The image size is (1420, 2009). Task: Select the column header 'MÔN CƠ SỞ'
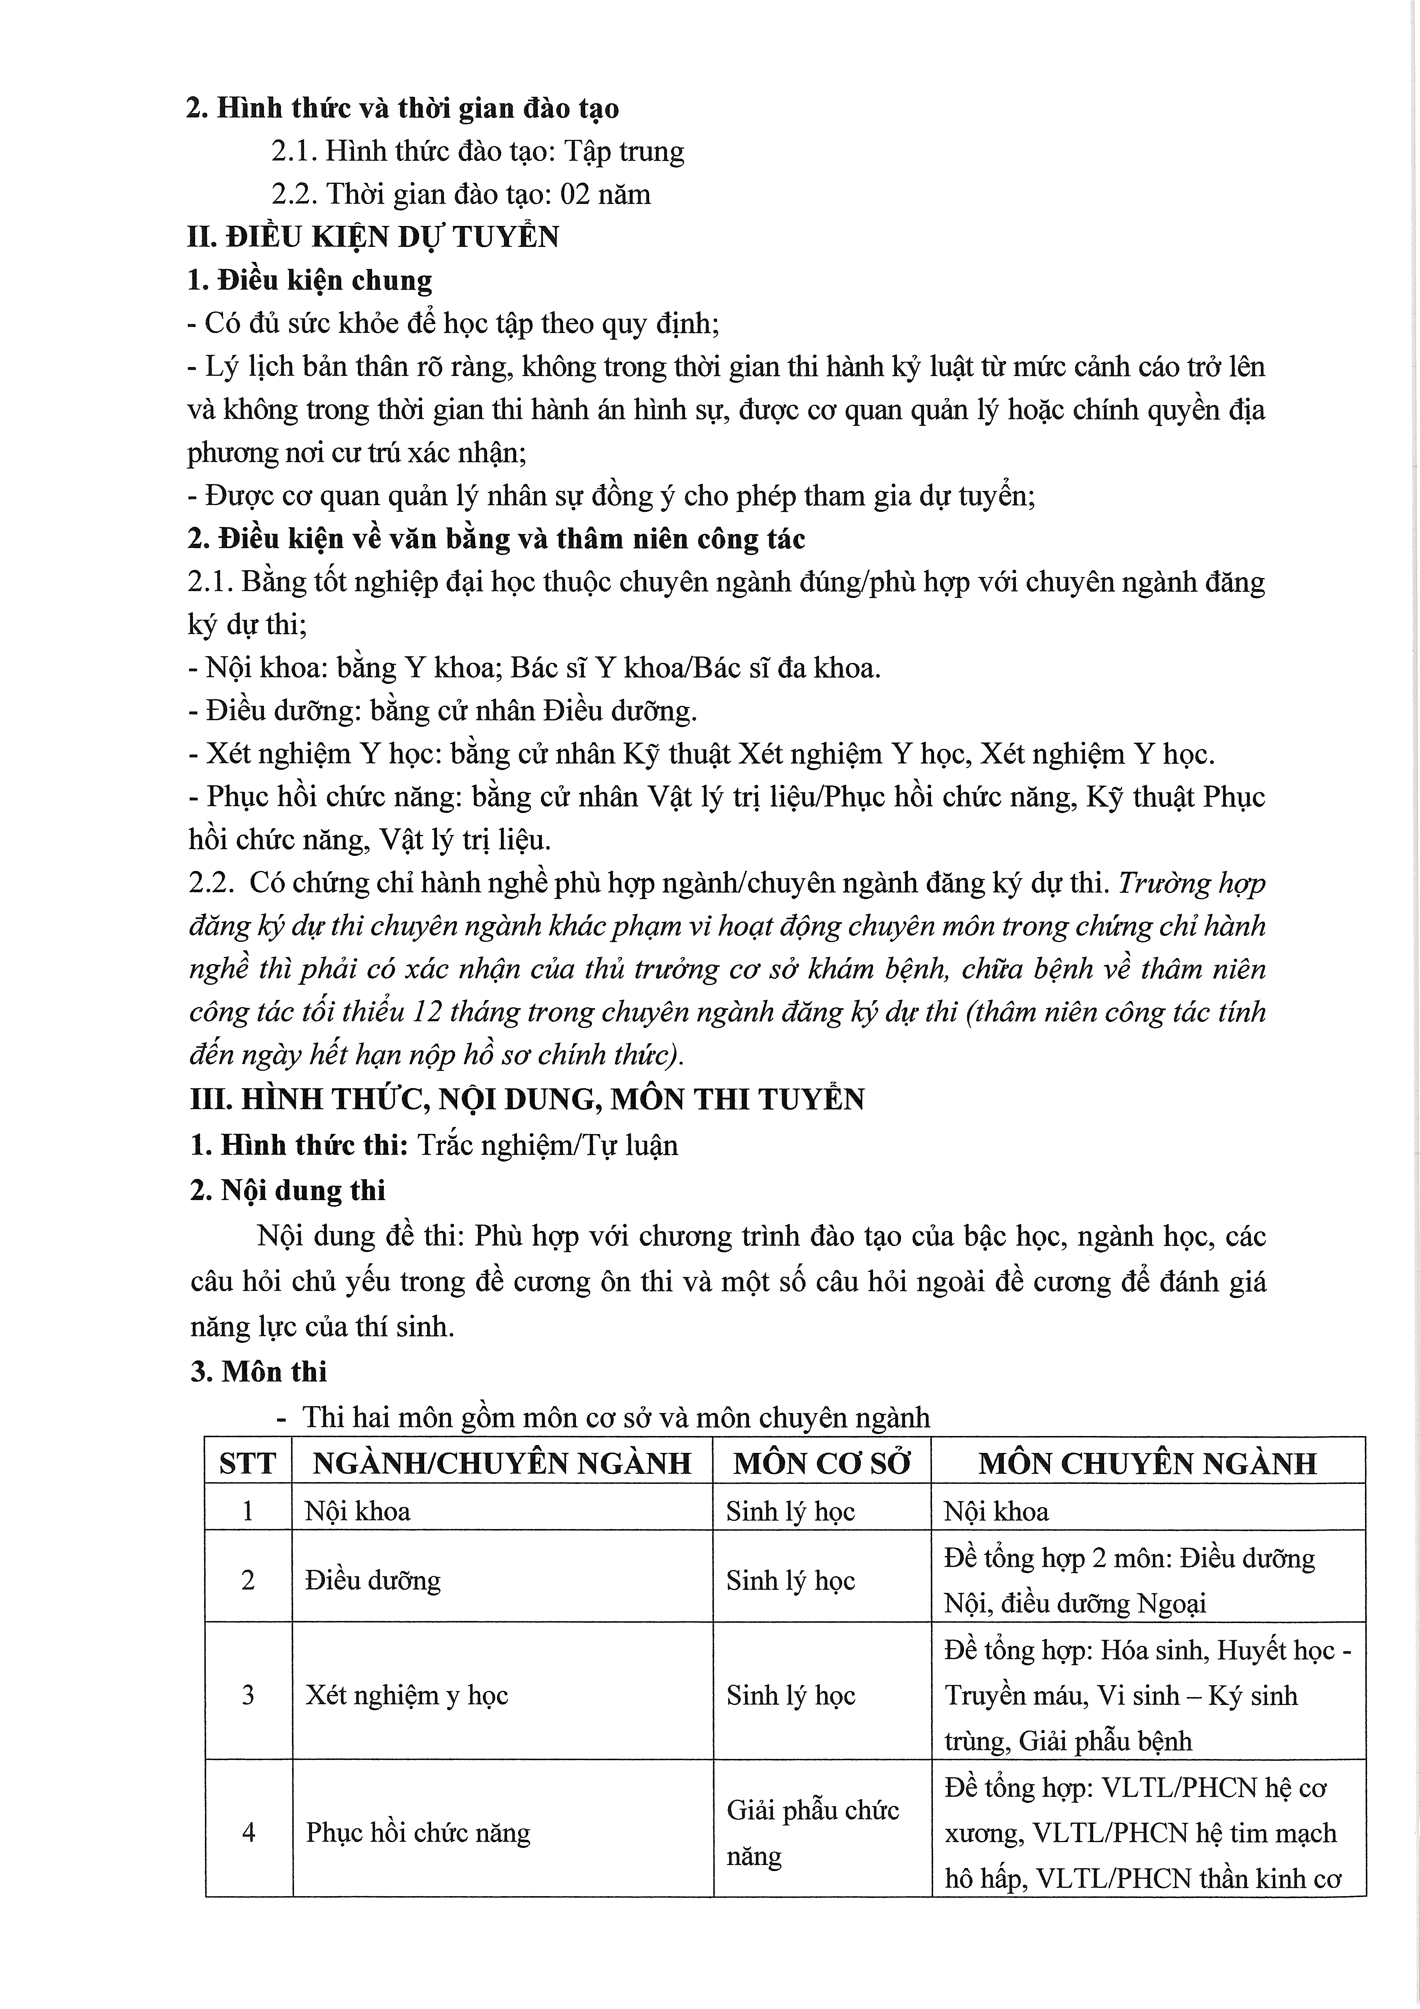821,1463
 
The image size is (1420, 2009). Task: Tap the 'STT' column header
248,1463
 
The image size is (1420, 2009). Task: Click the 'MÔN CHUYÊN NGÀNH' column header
1147,1463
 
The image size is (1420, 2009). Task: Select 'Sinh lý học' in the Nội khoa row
790,1511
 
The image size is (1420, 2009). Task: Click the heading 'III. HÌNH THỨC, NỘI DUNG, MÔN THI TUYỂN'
527,1099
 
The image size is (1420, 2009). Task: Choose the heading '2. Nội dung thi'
288,1191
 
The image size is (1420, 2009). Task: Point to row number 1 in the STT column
248,1511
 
